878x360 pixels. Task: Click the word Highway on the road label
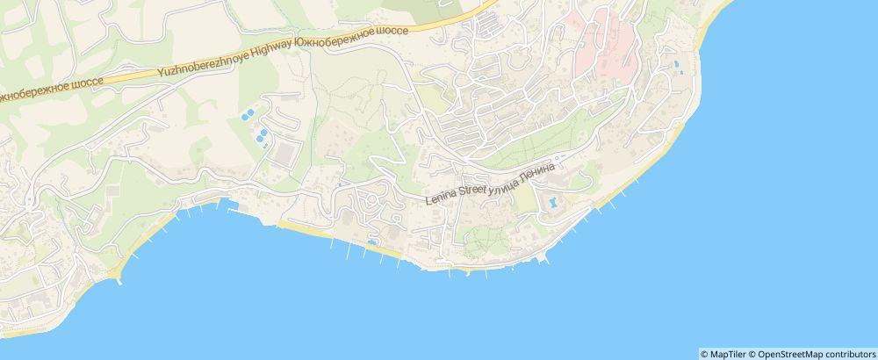pyautogui.click(x=236, y=56)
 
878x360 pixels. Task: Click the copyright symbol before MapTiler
pyautogui.click(x=704, y=354)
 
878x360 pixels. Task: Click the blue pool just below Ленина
pyautogui.click(x=552, y=203)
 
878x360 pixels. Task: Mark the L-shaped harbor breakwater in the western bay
pyautogui.click(x=230, y=206)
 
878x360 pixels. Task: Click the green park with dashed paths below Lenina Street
pyautogui.click(x=479, y=240)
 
